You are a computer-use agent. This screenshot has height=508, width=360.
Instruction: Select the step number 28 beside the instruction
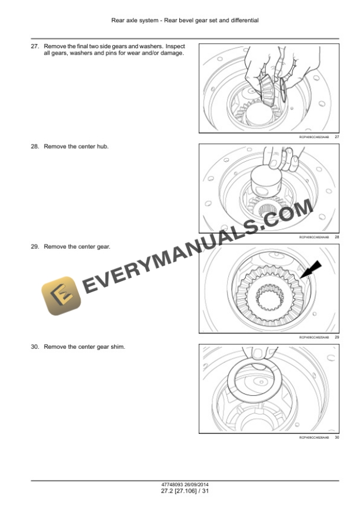pyautogui.click(x=34, y=146)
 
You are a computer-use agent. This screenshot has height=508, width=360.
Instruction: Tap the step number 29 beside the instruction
pyautogui.click(x=34, y=246)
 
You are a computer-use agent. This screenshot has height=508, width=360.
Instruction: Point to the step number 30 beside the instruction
pyautogui.click(x=34, y=347)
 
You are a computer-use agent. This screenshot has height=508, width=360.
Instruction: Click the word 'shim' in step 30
pyautogui.click(x=119, y=347)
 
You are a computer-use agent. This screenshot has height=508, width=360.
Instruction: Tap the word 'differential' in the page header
pyautogui.click(x=245, y=20)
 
